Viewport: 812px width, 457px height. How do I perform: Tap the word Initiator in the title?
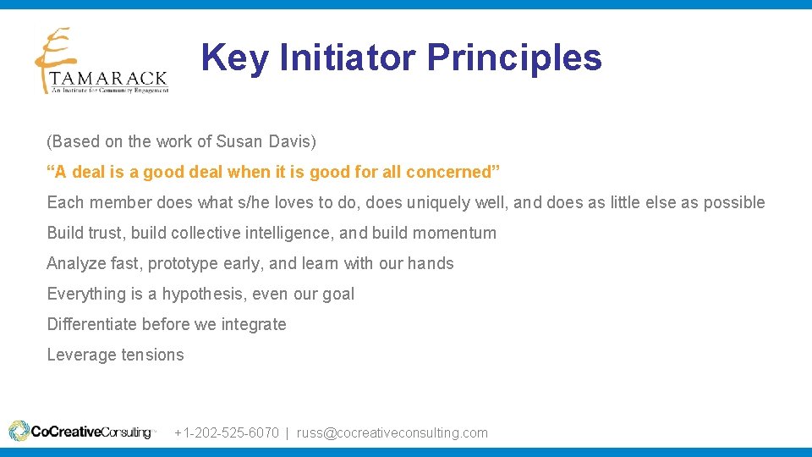click(347, 58)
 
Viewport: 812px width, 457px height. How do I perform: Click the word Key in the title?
click(236, 58)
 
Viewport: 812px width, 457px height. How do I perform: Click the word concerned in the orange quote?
click(452, 172)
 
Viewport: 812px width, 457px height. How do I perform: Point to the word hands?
click(431, 263)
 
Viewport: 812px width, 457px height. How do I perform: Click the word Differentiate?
click(92, 324)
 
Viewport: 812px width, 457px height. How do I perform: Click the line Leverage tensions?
click(115, 355)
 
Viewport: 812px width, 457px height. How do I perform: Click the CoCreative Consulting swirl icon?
click(19, 432)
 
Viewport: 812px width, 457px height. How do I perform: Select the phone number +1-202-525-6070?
click(226, 432)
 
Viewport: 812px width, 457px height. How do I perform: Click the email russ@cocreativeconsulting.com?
click(392, 432)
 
